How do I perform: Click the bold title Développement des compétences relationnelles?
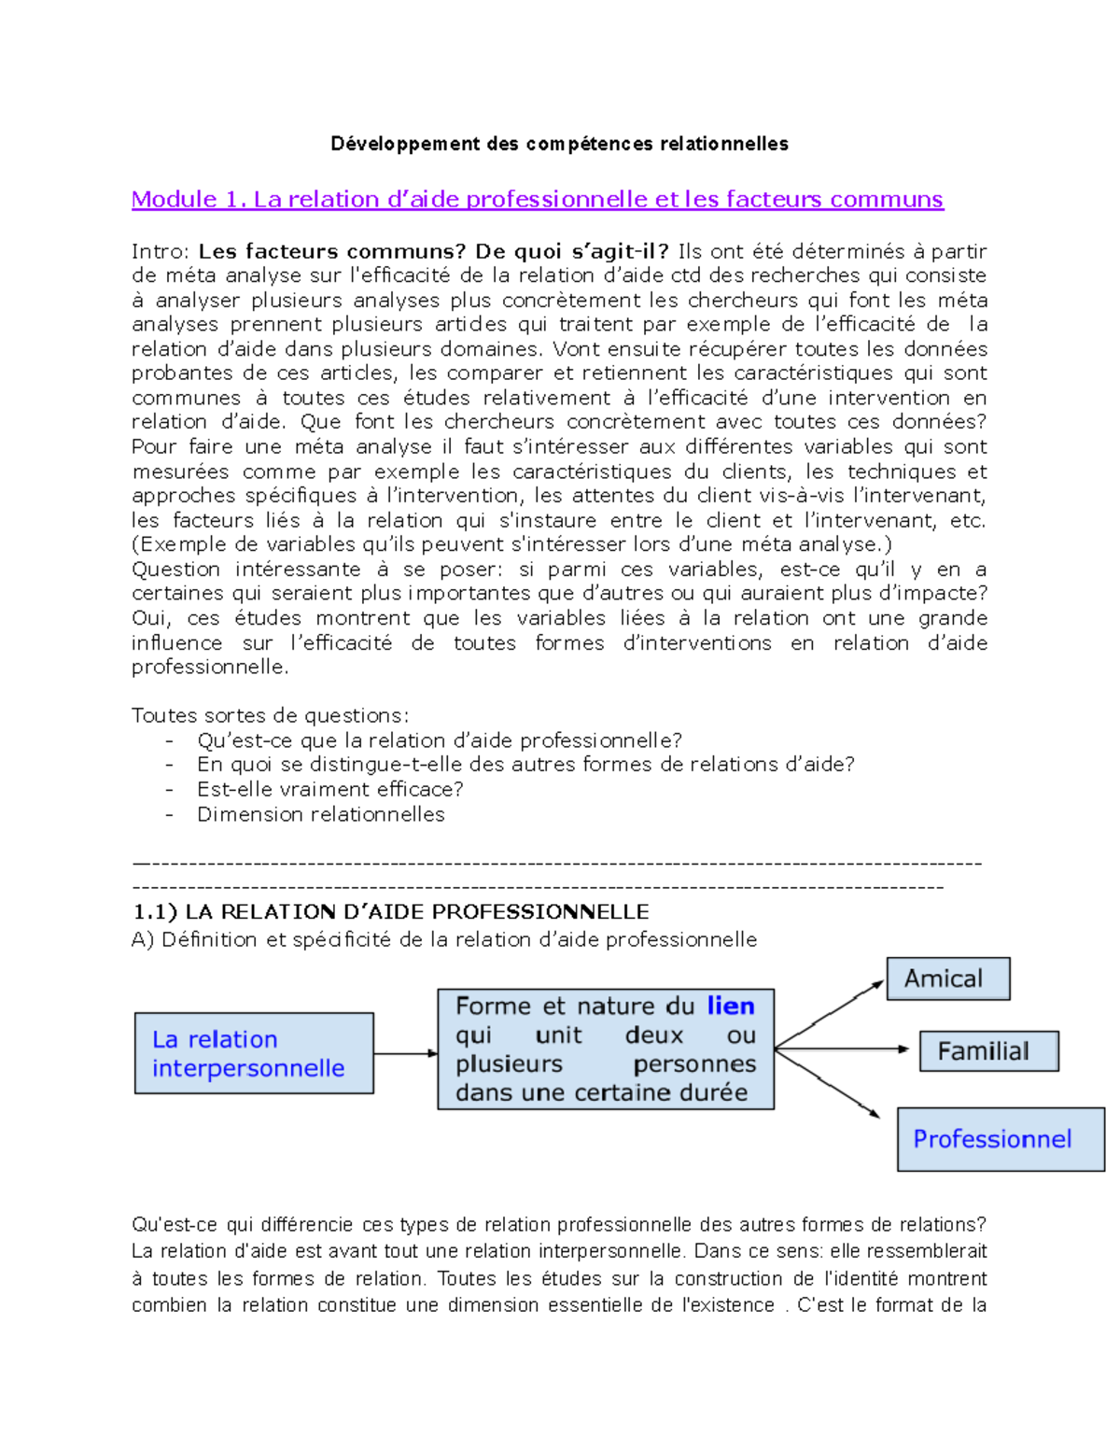[x=559, y=144]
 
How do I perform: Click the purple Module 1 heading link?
[x=537, y=199]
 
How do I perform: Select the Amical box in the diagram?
[x=947, y=978]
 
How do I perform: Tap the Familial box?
[x=988, y=1051]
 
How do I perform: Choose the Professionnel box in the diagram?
[x=1000, y=1139]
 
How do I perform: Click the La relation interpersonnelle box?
[x=254, y=1053]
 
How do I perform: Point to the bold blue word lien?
[x=731, y=1007]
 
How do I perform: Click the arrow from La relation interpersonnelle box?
[x=405, y=1053]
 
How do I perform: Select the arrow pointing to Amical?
[x=829, y=1013]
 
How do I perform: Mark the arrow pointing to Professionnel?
[x=829, y=1083]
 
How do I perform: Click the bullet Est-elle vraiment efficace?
[x=329, y=789]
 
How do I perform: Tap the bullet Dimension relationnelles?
[x=320, y=814]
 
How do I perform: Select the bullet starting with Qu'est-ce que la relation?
[x=439, y=740]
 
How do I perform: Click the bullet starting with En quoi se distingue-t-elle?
[x=525, y=765]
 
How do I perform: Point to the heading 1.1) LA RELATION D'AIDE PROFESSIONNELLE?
[x=390, y=912]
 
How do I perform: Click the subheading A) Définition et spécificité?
[x=443, y=939]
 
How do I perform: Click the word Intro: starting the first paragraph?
[x=161, y=251]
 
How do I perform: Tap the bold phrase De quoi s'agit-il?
[x=571, y=251]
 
